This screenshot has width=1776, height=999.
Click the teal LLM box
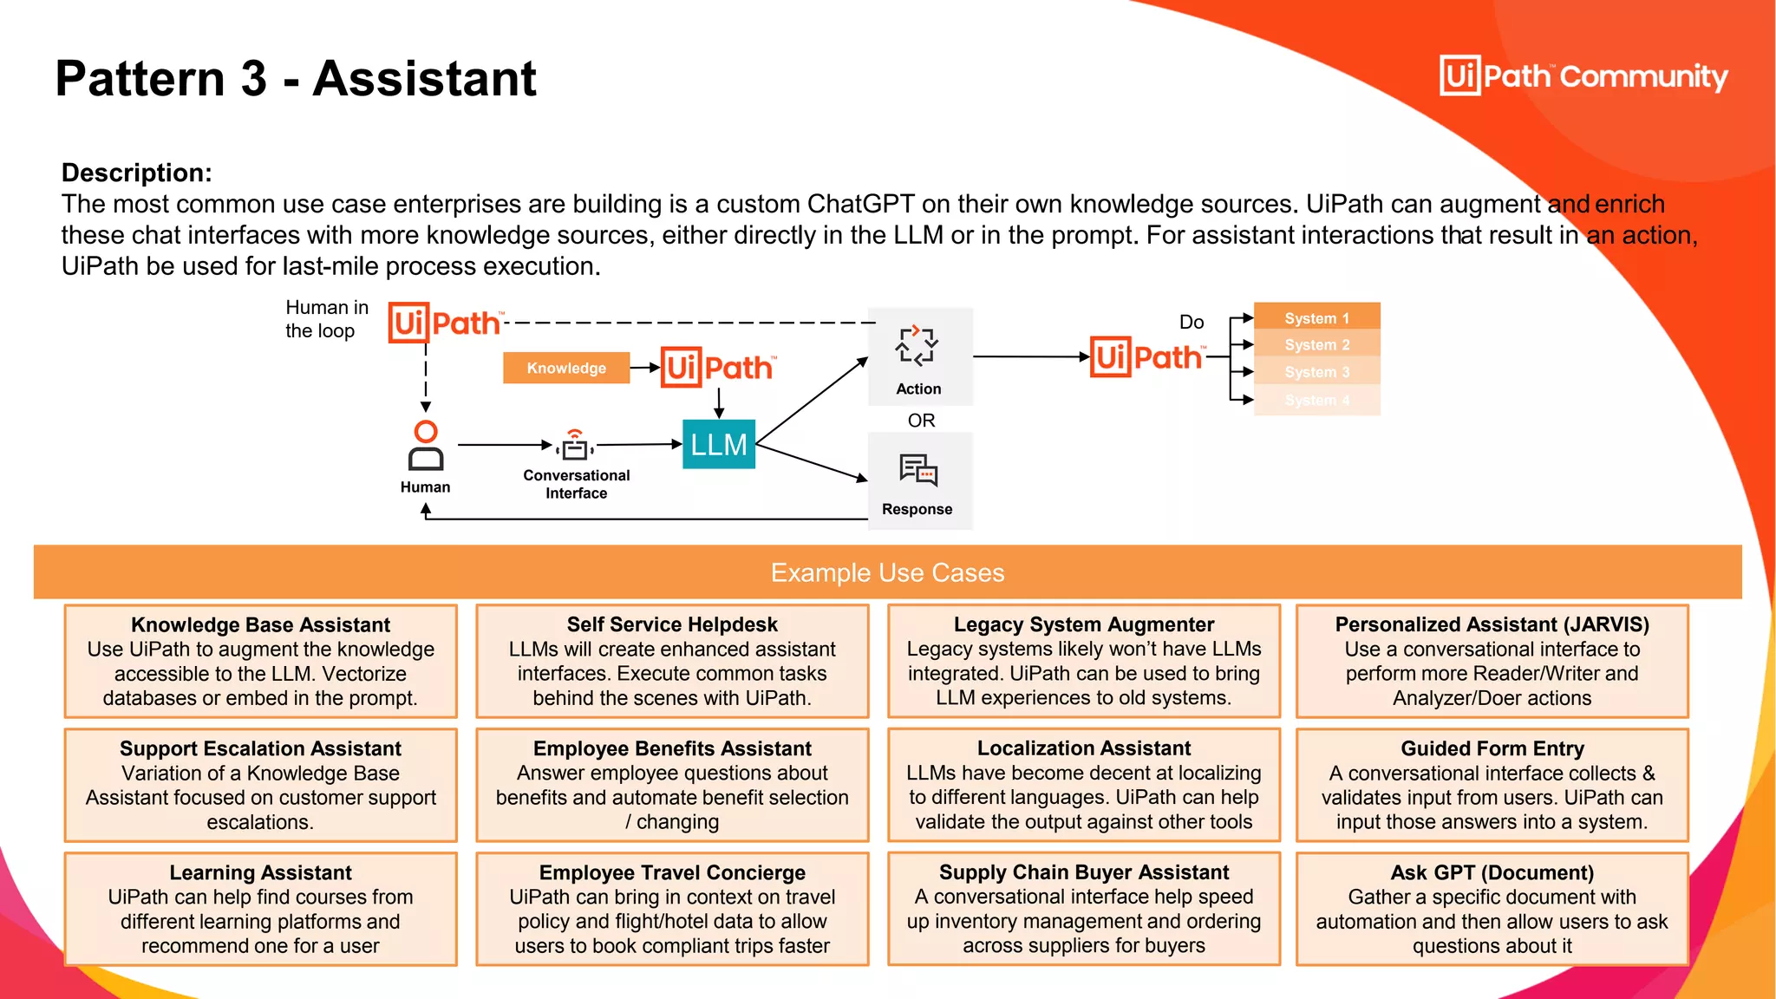pos(718,444)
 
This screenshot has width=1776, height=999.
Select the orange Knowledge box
pos(566,368)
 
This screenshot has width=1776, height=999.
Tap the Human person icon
pos(426,446)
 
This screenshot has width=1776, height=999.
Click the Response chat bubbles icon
pos(918,470)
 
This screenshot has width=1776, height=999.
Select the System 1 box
pos(1316,317)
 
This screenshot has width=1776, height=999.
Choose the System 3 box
pos(1316,372)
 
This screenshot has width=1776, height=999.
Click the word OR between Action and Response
pos(921,421)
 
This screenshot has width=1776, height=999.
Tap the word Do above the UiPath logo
pos(1192,322)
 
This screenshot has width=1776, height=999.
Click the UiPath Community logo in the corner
pos(1583,76)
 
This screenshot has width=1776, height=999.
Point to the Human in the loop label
pos(326,319)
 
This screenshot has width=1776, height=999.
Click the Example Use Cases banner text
pos(887,572)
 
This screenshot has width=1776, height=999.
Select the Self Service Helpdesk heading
pos(672,624)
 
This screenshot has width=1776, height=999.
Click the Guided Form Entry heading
pos(1492,748)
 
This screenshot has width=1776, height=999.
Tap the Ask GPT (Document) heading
pos(1492,872)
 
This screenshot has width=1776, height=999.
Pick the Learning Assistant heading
pos(260,872)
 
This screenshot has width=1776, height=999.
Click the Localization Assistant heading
pos(1083,748)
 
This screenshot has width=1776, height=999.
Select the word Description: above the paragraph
pos(136,173)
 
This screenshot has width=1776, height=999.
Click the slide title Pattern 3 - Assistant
pos(296,78)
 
